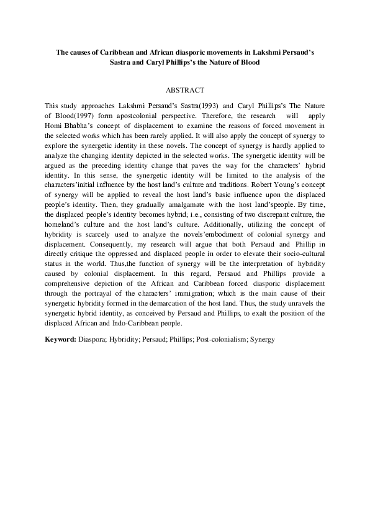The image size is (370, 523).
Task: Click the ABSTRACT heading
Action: pos(185,90)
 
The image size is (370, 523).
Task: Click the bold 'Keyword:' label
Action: pos(61,340)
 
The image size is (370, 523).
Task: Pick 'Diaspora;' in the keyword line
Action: pos(93,340)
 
